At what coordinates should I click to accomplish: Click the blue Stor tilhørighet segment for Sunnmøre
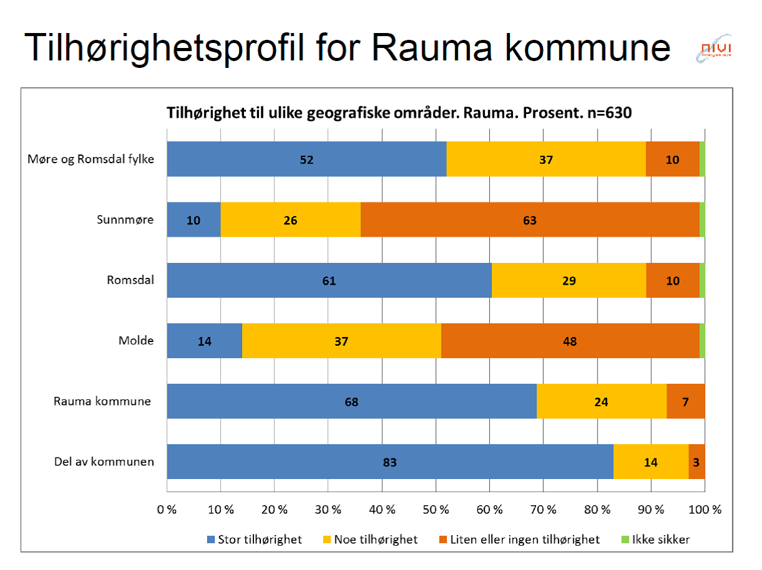194,220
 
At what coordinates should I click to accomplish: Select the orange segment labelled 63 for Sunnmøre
530,220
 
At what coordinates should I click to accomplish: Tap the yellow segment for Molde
341,341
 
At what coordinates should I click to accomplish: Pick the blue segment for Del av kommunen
390,462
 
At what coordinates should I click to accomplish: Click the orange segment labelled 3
697,462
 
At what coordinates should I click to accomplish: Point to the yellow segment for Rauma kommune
601,401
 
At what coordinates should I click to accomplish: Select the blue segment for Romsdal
329,280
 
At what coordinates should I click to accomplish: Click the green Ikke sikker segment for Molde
702,341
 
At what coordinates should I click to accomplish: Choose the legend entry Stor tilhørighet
254,539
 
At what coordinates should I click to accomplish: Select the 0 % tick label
167,510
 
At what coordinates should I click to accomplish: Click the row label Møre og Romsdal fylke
91,158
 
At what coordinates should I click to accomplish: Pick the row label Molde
136,341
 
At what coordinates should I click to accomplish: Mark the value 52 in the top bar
306,159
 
